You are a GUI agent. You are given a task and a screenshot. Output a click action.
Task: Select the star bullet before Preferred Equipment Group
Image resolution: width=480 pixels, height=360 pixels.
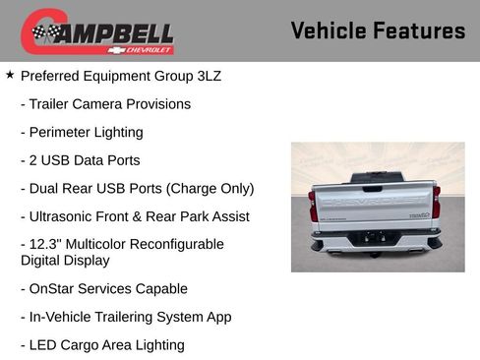coord(10,75)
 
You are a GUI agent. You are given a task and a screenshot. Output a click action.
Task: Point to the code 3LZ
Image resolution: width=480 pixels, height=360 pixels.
coord(207,76)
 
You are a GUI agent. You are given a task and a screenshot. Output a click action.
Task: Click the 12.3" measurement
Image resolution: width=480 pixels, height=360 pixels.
coord(49,244)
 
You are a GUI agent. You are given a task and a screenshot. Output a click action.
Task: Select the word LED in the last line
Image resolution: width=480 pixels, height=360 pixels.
coord(45,345)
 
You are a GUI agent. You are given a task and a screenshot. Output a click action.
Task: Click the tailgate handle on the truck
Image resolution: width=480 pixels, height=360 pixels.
coord(375,187)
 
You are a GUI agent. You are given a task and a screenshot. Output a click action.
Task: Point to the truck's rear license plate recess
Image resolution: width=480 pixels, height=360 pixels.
coord(375,237)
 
